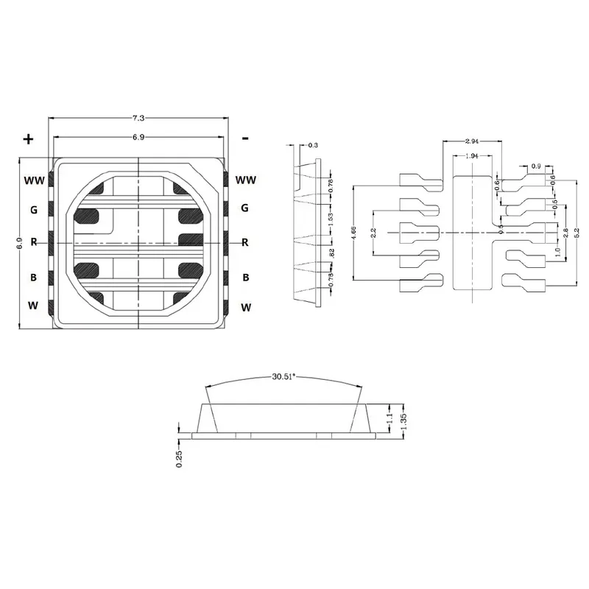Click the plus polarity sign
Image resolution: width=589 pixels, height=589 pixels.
click(x=29, y=139)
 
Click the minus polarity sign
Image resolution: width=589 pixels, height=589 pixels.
click(x=245, y=138)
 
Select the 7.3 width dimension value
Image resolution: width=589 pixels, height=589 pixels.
click(x=138, y=118)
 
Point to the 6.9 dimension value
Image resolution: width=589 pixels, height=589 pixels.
click(x=138, y=138)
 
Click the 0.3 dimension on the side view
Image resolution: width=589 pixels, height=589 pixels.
click(x=314, y=146)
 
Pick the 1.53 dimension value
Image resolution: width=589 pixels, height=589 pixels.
click(x=330, y=219)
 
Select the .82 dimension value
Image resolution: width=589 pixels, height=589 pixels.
click(x=330, y=253)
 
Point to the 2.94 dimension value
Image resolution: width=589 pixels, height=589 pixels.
click(x=473, y=141)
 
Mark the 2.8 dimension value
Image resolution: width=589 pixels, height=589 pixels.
click(x=565, y=233)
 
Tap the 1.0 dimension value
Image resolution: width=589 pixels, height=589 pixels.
click(x=557, y=250)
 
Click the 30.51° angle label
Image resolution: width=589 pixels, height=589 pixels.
click(x=283, y=377)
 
